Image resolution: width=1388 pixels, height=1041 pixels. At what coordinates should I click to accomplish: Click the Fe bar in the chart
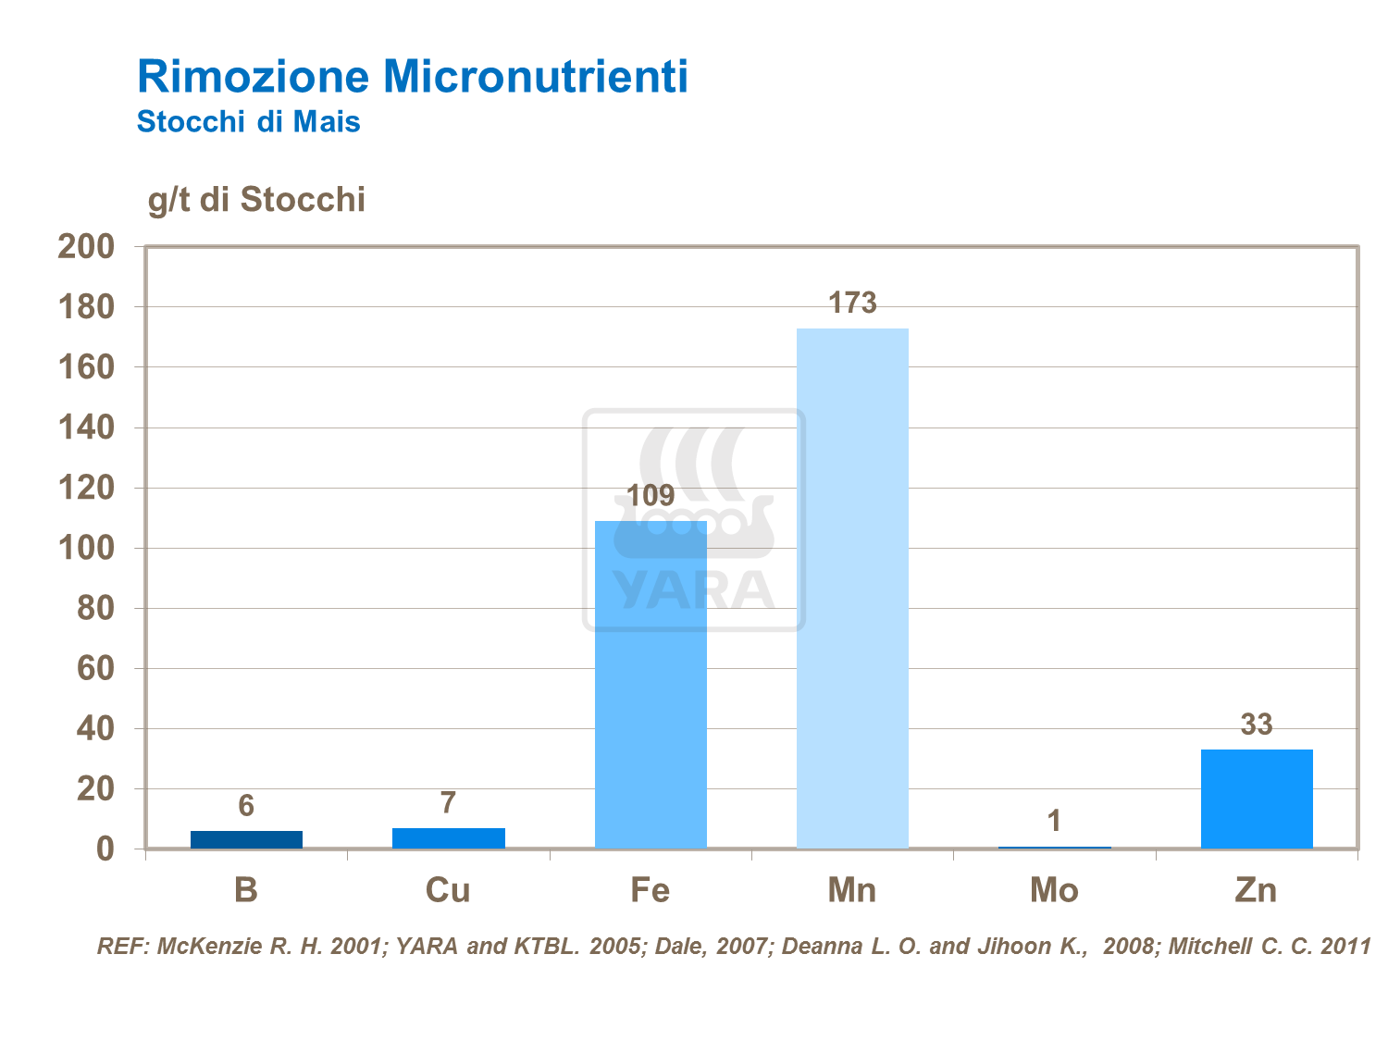pos(651,685)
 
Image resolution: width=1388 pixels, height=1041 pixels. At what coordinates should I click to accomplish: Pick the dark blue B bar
pos(246,839)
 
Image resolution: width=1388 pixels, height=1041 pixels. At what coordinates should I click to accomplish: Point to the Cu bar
pos(449,838)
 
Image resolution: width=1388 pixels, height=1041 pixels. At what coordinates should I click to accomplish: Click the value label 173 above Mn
pos(852,303)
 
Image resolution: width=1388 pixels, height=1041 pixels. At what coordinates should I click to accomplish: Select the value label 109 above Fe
pos(651,495)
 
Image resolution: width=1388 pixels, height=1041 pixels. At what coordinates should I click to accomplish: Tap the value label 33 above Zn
pos(1257,725)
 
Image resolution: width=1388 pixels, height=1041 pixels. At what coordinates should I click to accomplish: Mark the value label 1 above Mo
pos(1054,821)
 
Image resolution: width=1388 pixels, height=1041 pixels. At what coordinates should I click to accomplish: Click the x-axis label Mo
pos(1054,890)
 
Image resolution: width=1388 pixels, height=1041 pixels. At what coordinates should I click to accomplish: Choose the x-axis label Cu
pos(448,890)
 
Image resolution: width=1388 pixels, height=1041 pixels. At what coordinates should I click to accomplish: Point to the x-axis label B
pos(246,890)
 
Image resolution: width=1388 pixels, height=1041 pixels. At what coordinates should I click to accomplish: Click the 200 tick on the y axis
pos(86,246)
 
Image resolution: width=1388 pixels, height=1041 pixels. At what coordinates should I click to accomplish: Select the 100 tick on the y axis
pos(86,548)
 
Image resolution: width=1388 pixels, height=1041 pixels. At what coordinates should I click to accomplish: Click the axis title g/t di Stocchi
pos(256,200)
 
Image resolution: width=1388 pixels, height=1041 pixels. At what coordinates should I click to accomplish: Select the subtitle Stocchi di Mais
pos(248,121)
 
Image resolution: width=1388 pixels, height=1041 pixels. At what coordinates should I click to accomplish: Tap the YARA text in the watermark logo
pos(694,590)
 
